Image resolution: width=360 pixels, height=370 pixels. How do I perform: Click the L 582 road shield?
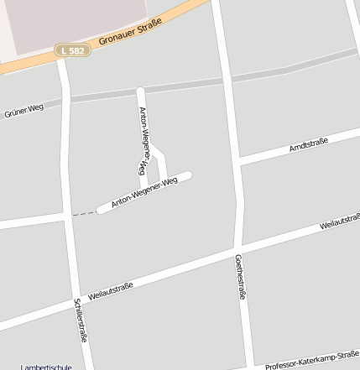72,51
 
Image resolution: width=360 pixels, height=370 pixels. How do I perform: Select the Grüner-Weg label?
23,111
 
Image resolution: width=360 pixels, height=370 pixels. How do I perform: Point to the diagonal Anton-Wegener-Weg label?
144,192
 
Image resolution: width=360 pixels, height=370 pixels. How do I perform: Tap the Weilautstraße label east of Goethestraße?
340,221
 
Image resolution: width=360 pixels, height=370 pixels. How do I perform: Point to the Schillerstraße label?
81,320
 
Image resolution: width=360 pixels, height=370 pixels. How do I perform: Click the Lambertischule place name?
46,367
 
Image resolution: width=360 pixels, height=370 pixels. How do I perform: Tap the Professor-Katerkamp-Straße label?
311,362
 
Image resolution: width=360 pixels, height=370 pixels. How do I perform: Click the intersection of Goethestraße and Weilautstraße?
237,249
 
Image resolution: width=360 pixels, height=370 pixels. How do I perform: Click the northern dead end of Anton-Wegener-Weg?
140,91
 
